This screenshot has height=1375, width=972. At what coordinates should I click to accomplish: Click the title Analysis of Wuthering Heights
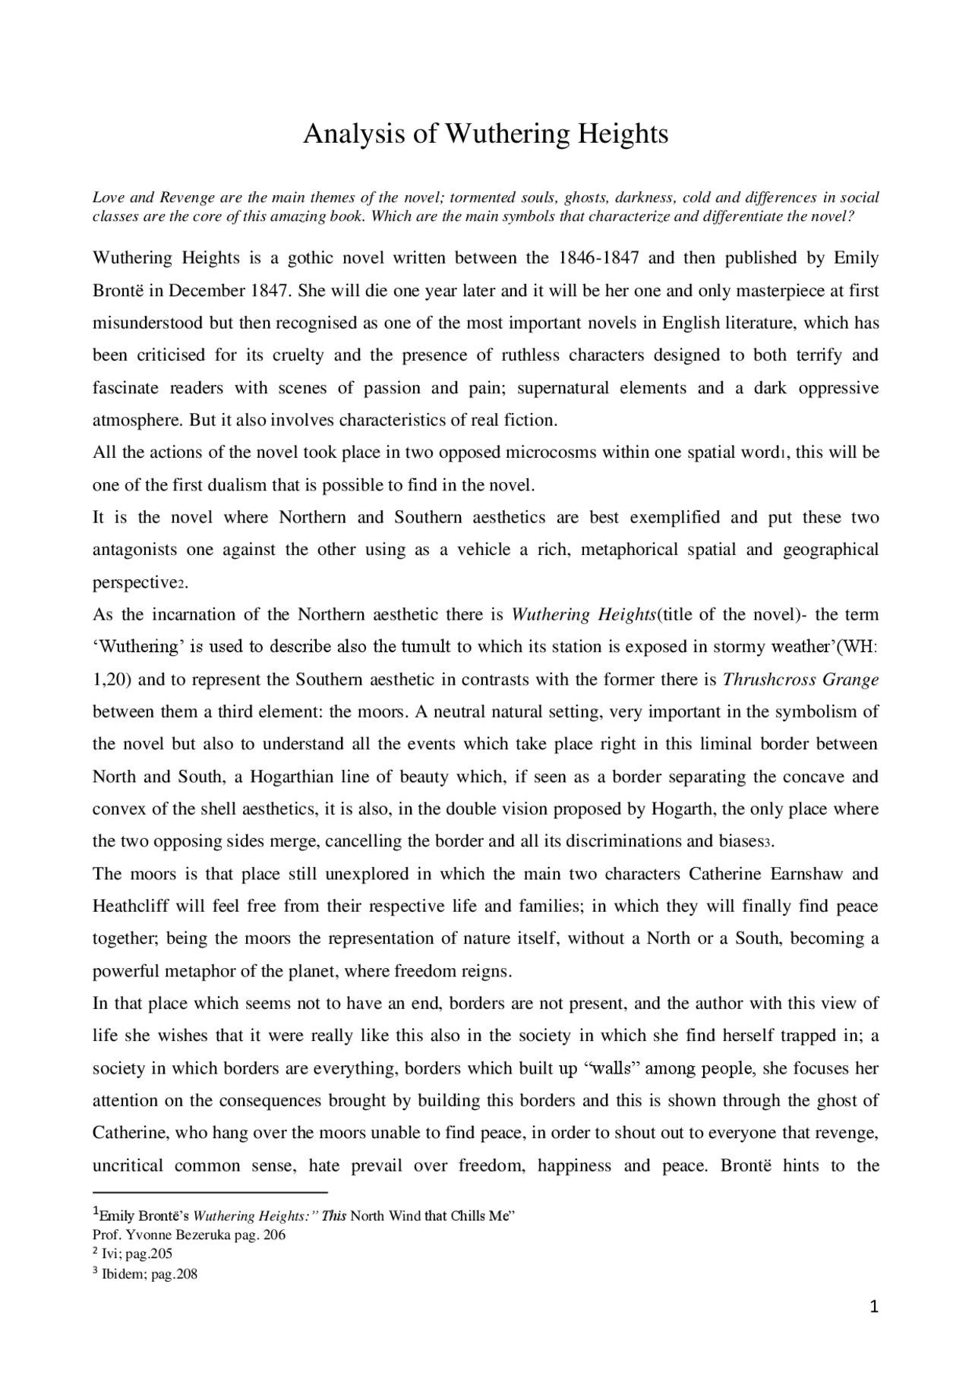point(485,134)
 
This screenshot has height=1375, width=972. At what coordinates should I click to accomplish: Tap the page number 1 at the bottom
point(874,1327)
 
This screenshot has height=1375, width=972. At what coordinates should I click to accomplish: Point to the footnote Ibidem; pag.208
point(150,1274)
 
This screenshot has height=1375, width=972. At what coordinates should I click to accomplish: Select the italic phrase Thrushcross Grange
point(800,680)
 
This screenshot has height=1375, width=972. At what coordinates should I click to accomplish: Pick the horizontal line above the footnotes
point(210,1193)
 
